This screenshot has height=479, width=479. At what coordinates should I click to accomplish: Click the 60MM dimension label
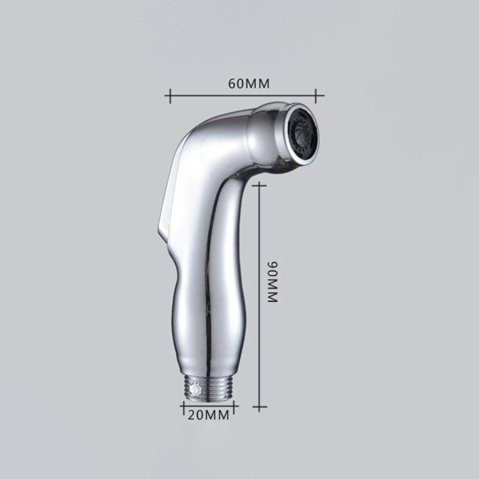click(x=249, y=83)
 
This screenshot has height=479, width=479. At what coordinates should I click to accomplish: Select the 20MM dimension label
click(x=208, y=415)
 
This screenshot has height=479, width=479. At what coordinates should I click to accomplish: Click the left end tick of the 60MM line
click(x=170, y=96)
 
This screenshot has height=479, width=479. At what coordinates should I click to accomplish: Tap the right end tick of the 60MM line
click(x=316, y=96)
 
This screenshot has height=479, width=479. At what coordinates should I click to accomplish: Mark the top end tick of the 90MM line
click(x=259, y=185)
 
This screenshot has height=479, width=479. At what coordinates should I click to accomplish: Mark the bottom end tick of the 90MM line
click(x=259, y=407)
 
